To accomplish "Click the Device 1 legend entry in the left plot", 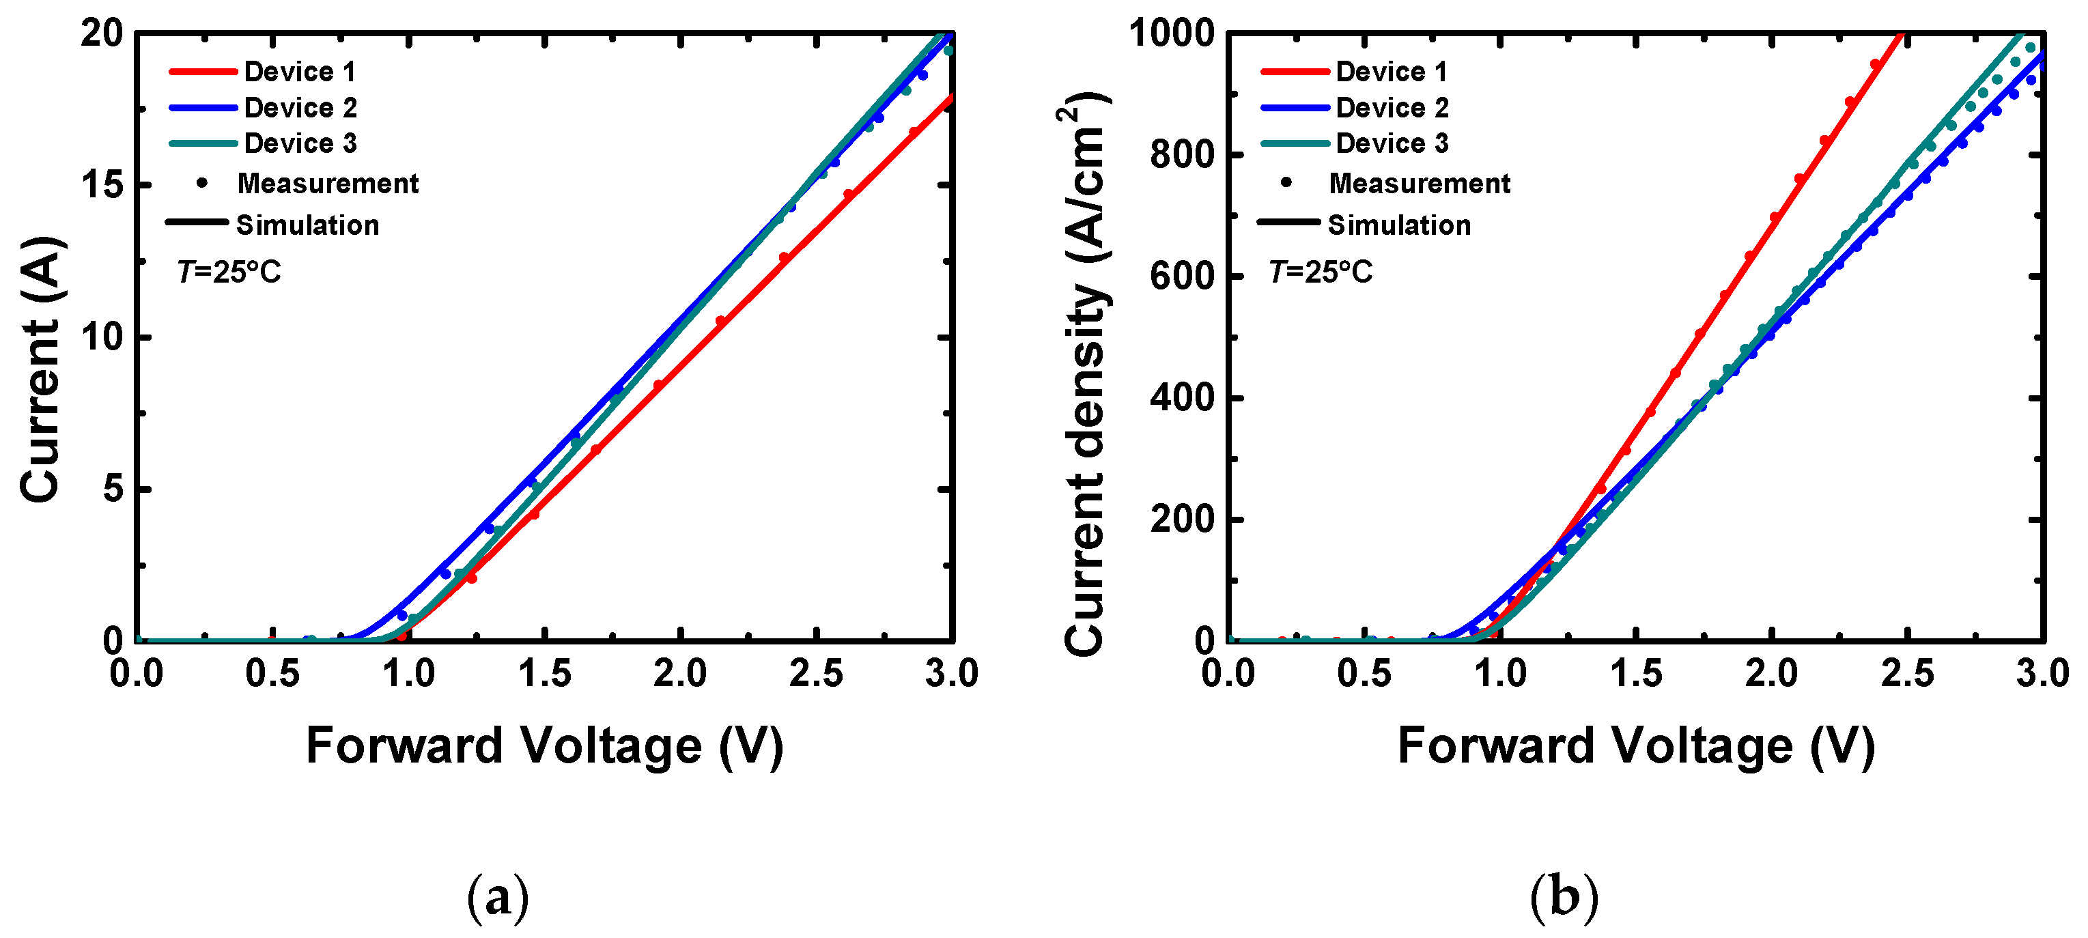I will click(300, 72).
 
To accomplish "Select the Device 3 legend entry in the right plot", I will click(1392, 143).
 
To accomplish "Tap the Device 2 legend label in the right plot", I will click(1392, 107).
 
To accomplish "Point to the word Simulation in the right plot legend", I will click(1399, 225).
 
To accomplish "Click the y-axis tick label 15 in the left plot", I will click(102, 185).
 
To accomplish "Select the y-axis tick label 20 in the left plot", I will click(102, 34).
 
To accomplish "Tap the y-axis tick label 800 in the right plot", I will click(1182, 154).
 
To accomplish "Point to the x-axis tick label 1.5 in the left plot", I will click(545, 674).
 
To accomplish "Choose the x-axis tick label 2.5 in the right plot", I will click(1907, 674).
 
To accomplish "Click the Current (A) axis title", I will click(40, 369).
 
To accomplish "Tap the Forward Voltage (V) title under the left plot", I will click(545, 746).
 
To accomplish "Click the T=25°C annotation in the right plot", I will click(1321, 272).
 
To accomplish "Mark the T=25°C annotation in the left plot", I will click(229, 272).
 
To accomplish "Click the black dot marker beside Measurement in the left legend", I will click(202, 183).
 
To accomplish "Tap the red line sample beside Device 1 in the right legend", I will click(1295, 72).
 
